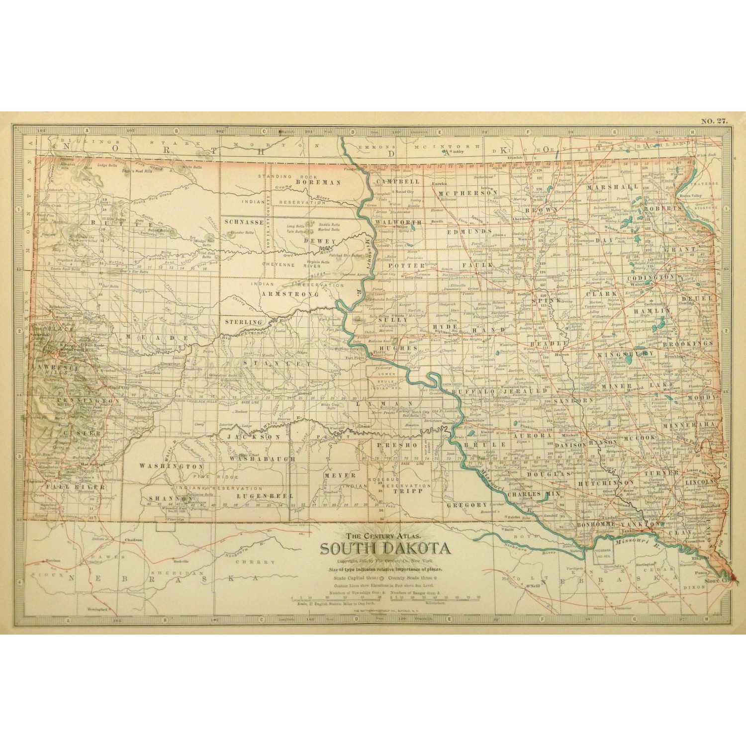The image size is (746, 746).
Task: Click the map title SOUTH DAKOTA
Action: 384,548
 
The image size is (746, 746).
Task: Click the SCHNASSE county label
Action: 244,222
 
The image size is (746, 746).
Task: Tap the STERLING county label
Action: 244,322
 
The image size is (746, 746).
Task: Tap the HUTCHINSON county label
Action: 606,482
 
